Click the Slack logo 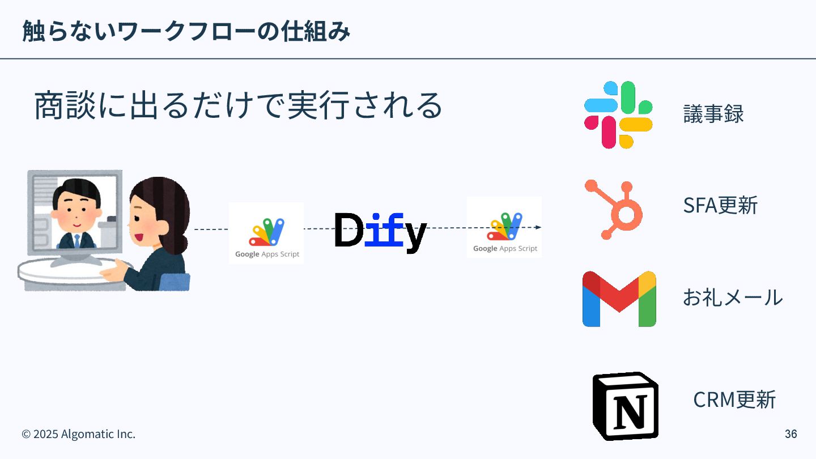coord(618,115)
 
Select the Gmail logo coord(619,299)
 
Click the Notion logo coord(626,406)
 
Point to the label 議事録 coord(713,114)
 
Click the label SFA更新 coord(720,205)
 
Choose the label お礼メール coord(732,297)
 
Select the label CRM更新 coord(734,399)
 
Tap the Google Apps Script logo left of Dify coord(266,233)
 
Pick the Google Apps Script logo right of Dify coord(504,227)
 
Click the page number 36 coord(790,434)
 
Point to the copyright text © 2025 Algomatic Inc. coord(78,434)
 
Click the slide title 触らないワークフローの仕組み coord(186,31)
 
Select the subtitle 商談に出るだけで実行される coord(238,105)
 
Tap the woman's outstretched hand coord(111,271)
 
